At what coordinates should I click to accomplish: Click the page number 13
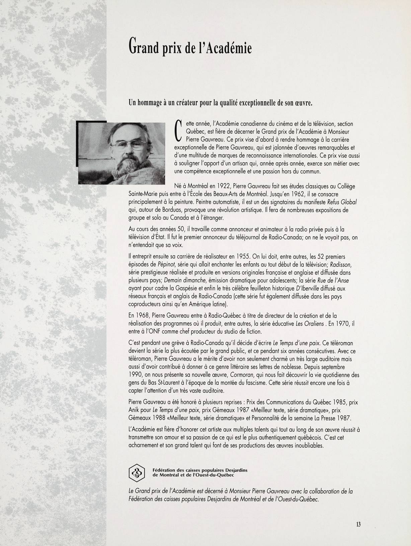pyautogui.click(x=358, y=524)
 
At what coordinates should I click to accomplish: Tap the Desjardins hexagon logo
pyautogui.click(x=137, y=472)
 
